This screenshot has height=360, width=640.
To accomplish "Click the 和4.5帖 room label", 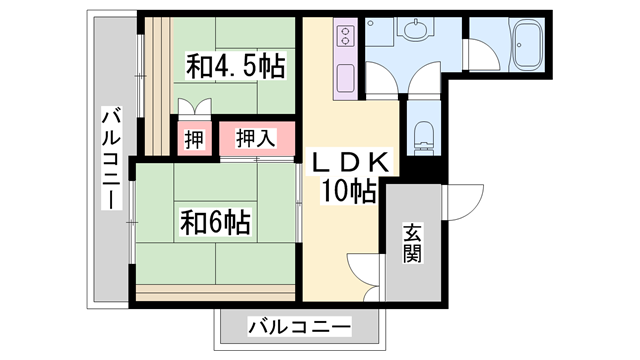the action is [x=236, y=66].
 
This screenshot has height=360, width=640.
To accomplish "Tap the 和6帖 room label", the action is [x=216, y=223].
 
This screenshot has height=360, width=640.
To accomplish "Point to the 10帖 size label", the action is [x=349, y=191].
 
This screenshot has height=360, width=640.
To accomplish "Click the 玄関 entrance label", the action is [x=412, y=243].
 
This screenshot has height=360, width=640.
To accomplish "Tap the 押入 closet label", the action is [x=256, y=138].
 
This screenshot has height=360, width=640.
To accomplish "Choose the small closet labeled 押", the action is [x=194, y=139].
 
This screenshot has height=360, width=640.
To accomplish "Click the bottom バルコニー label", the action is [x=300, y=327].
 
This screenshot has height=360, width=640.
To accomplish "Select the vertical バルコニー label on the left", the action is [x=111, y=158].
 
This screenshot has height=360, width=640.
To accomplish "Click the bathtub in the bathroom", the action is [x=528, y=44].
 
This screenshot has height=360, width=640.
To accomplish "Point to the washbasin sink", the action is [x=416, y=28].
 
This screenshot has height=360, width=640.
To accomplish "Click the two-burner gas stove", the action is [x=345, y=36].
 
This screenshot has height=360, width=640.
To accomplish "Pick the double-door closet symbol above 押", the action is [x=195, y=106].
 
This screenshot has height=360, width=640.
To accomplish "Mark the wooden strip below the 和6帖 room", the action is [x=215, y=293].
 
